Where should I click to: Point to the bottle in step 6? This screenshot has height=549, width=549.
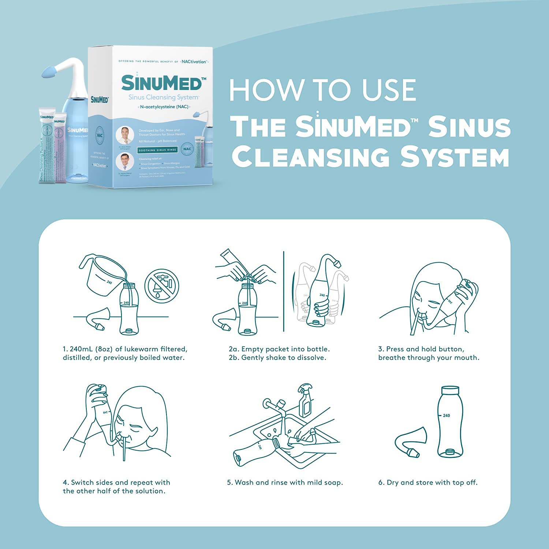(x=450, y=421)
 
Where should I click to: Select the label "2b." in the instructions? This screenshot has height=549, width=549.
(x=234, y=358)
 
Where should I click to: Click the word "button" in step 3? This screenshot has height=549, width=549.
(x=451, y=349)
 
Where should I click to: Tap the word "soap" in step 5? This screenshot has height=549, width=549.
(x=333, y=482)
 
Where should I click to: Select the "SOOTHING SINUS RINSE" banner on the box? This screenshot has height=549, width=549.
(x=157, y=150)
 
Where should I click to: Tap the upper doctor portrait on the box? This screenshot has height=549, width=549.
(x=125, y=135)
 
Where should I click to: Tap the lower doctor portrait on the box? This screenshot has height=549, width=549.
(x=125, y=162)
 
